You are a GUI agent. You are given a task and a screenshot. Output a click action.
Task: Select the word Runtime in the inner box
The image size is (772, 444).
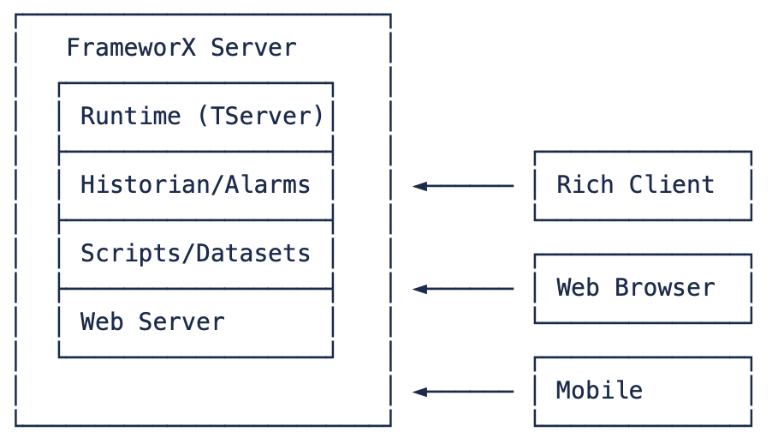click(x=130, y=117)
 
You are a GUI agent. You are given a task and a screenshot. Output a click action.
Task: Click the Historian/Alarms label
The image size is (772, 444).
click(x=195, y=185)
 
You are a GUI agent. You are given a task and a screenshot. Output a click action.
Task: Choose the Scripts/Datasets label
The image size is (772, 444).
click(x=195, y=254)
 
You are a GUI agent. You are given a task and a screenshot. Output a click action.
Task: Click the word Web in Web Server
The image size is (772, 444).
click(x=102, y=322)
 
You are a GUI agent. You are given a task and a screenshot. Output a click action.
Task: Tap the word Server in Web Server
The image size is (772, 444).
click(x=181, y=322)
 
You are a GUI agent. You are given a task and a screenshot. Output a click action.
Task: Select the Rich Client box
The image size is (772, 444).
click(x=643, y=186)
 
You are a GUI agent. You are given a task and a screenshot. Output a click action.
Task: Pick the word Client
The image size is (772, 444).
click(x=672, y=185)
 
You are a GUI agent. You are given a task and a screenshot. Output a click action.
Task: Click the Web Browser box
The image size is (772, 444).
click(x=643, y=289)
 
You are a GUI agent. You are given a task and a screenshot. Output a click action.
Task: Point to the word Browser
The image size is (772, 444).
click(x=665, y=288)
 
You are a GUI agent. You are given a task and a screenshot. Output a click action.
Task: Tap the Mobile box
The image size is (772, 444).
click(x=643, y=392)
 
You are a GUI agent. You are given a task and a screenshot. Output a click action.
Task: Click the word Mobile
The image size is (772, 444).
click(x=599, y=391)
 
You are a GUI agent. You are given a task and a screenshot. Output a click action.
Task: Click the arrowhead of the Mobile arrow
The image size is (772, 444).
click(x=419, y=392)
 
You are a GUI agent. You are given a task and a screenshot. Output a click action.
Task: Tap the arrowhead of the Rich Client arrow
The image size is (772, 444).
click(x=419, y=186)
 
